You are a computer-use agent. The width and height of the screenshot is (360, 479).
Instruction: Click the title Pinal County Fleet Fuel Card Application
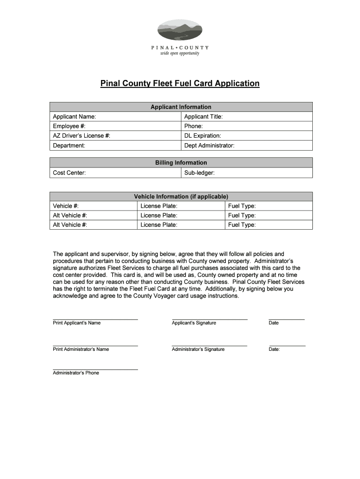(x=180, y=84)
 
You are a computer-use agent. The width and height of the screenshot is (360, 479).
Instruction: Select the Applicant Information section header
(x=181, y=107)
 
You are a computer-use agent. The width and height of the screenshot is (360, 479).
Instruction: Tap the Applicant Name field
(x=115, y=116)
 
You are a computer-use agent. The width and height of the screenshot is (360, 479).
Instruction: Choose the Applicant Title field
(x=246, y=116)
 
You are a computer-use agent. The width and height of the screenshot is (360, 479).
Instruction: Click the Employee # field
(x=115, y=126)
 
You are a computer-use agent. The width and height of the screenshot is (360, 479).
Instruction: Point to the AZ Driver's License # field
(x=115, y=136)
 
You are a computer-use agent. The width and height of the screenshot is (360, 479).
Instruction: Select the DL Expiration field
(x=246, y=136)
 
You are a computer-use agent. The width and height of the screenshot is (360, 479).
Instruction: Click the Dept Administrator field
(x=246, y=145)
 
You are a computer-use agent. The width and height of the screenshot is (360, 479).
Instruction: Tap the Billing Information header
(x=181, y=163)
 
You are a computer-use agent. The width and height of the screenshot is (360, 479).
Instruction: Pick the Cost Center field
(x=115, y=173)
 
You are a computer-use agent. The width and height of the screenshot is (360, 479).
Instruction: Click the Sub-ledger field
(x=246, y=173)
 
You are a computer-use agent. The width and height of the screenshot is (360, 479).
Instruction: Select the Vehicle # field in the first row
(x=94, y=206)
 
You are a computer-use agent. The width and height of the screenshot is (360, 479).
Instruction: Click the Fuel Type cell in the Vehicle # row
(x=268, y=206)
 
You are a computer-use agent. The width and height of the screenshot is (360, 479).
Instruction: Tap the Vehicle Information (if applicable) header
(x=181, y=196)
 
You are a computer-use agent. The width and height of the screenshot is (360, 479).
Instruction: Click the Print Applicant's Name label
(x=77, y=323)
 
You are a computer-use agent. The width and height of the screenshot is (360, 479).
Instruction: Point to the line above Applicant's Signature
(x=209, y=319)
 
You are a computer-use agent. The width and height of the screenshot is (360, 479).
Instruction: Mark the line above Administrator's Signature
(x=209, y=346)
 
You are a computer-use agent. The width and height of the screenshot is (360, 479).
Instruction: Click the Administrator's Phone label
(x=76, y=373)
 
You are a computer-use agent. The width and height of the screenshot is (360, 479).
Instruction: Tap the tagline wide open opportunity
(x=180, y=53)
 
